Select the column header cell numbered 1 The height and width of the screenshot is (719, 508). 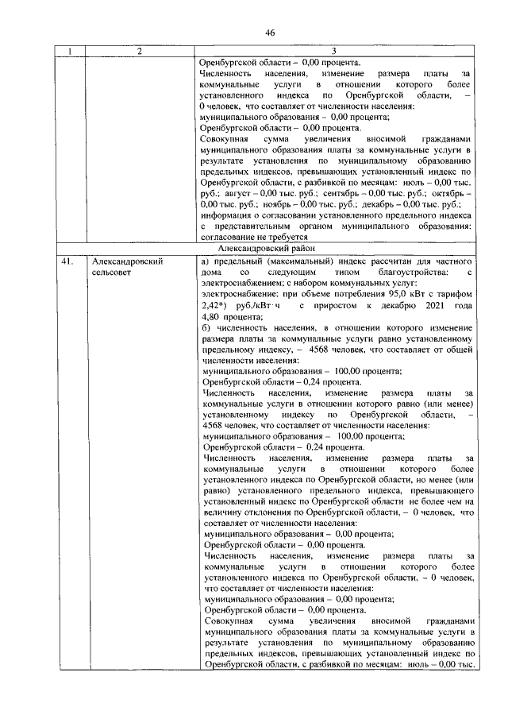point(70,53)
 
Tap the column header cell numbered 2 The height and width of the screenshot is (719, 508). point(140,53)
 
